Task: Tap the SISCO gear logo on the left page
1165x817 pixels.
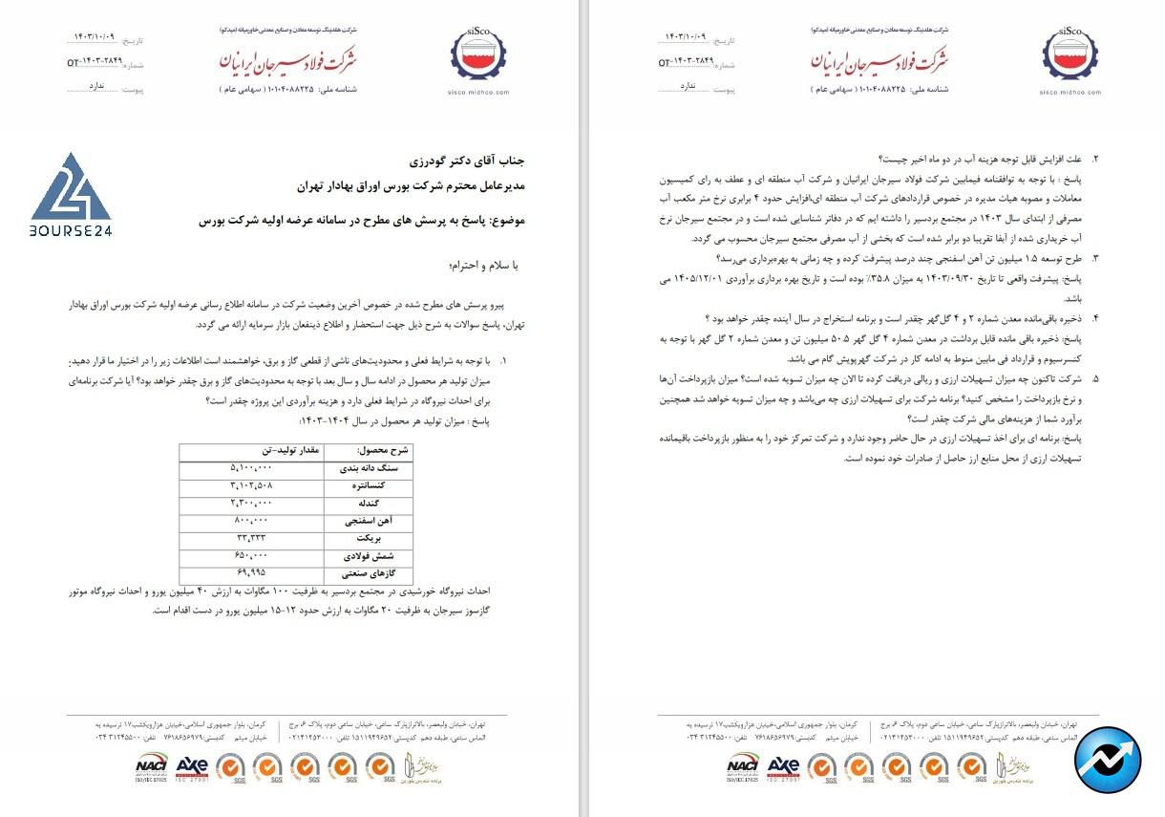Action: [x=477, y=56]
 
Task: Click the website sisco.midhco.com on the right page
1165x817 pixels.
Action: [x=1069, y=92]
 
